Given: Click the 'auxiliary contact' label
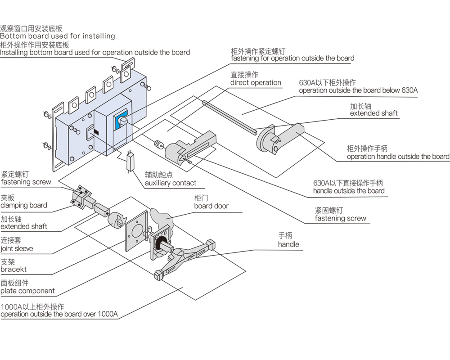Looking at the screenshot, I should [x=171, y=183].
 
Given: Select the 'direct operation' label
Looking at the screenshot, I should [x=256, y=83].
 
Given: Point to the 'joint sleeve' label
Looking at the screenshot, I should [x=17, y=248].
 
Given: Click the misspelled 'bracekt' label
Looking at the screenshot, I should [x=13, y=270].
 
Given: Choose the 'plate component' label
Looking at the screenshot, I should [x=27, y=291].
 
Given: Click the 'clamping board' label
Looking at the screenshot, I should [x=24, y=206].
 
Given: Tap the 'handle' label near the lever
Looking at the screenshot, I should [x=288, y=244].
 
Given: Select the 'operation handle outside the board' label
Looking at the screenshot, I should [x=398, y=157].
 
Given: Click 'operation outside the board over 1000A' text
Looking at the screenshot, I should [x=59, y=315].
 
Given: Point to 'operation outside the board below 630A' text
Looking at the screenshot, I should [x=358, y=90].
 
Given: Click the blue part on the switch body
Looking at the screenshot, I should [x=121, y=121].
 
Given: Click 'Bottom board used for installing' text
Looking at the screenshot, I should [x=57, y=36].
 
